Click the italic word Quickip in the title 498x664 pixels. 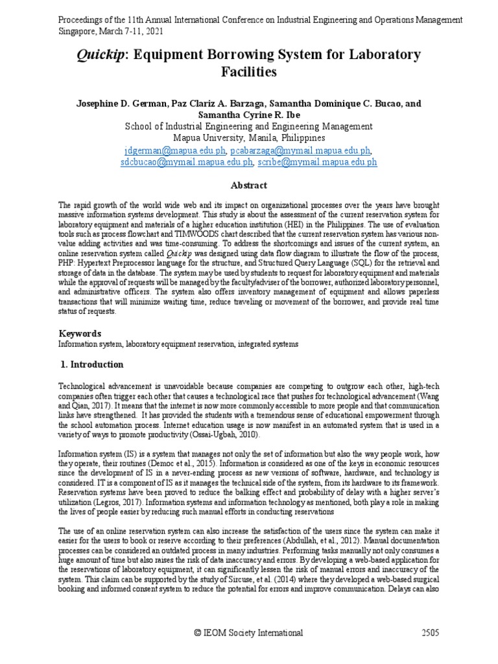[x=97, y=55]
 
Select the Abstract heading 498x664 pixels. [x=249, y=185]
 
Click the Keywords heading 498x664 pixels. [x=80, y=333]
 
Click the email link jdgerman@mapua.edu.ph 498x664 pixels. [x=175, y=150]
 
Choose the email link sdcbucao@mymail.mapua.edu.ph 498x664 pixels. [x=186, y=162]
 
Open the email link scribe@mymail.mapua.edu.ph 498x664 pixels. [x=317, y=162]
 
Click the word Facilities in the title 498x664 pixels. [x=249, y=72]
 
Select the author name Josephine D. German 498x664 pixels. [x=121, y=103]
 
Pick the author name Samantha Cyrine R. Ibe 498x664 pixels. [x=249, y=114]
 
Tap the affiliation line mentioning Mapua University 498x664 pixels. [x=249, y=138]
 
